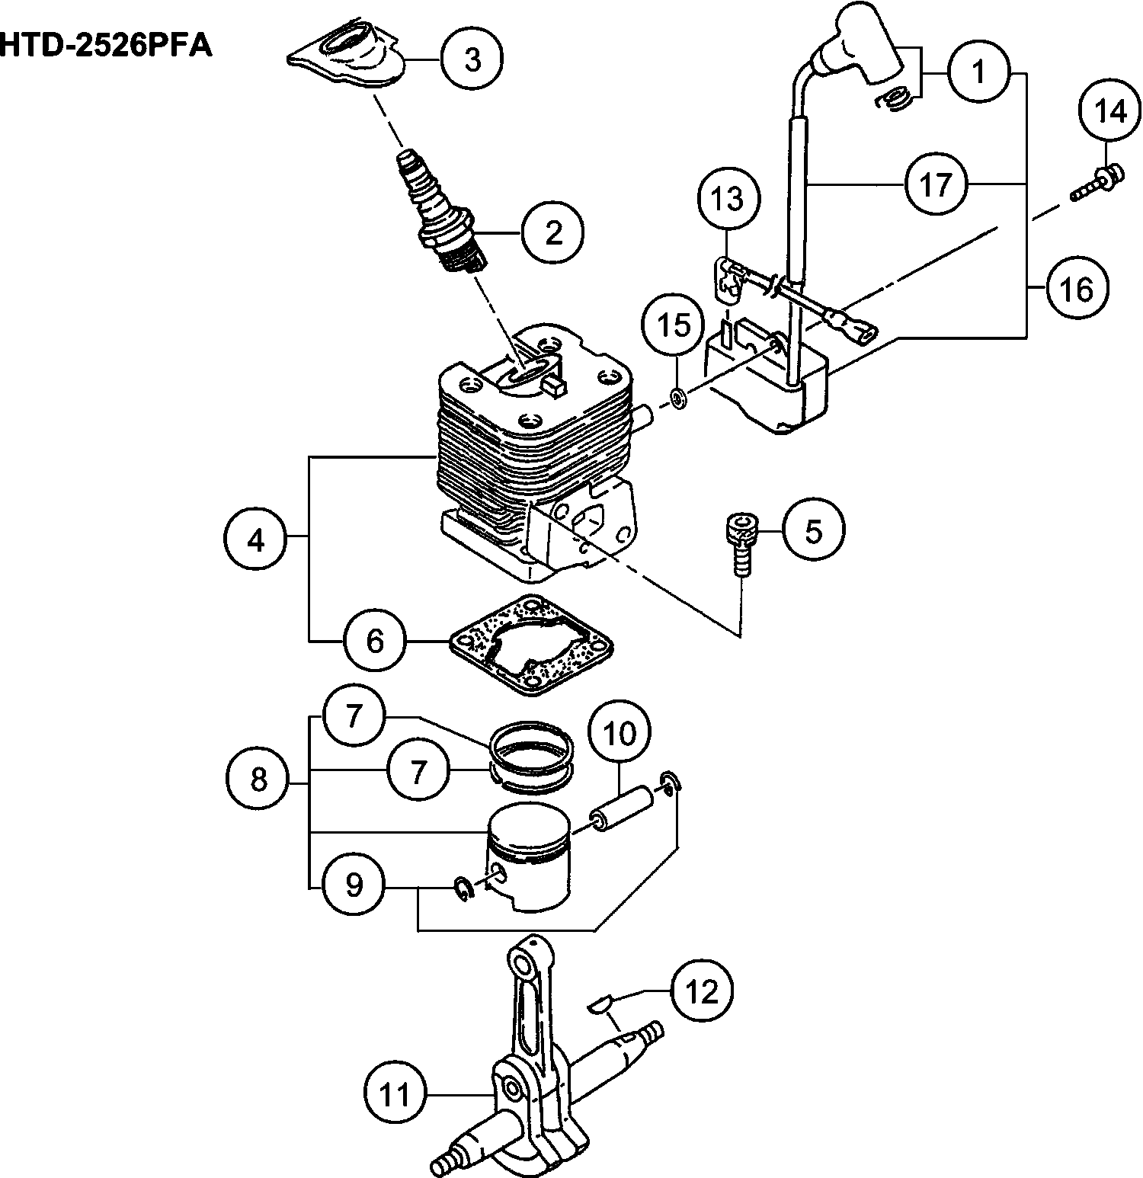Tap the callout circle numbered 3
pos(472,59)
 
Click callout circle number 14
pos(1109,112)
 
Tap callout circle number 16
pos(1077,289)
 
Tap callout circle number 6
pos(375,640)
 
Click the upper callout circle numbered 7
pos(353,716)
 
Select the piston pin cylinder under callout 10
pos(623,811)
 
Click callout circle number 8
pos(258,779)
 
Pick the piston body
pos(529,857)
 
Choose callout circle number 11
pos(395,1094)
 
